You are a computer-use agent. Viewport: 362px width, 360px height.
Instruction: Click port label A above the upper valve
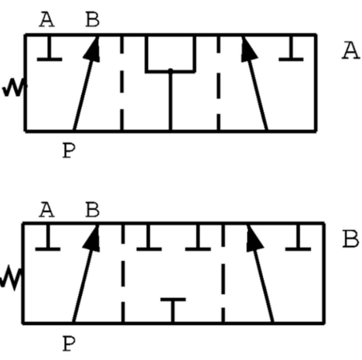point(46,20)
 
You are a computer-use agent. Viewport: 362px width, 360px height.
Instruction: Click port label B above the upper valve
point(92,20)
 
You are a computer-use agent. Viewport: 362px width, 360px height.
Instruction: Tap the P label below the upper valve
point(69,150)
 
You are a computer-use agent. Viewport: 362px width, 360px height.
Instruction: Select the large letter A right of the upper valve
point(350,51)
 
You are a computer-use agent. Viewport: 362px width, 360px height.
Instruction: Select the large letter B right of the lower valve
point(350,239)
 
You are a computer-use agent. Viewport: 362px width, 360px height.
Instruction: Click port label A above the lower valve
point(46,210)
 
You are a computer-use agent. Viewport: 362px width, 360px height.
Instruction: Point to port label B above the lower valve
point(92,210)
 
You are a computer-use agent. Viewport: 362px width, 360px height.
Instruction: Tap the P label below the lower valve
point(69,344)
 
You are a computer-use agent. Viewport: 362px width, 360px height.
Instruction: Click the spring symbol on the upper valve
point(15,87)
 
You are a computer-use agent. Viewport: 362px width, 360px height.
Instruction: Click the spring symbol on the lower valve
point(11,278)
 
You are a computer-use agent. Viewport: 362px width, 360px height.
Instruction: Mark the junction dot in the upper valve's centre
point(170,70)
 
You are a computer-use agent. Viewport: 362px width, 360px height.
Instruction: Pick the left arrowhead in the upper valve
point(92,49)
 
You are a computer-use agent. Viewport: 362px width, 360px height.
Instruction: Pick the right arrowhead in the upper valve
point(248,49)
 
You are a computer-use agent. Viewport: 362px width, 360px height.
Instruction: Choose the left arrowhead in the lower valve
point(92,238)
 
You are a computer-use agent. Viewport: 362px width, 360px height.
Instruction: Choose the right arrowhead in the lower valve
point(254,238)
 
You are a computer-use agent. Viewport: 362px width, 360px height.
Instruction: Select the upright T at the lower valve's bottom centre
point(173,310)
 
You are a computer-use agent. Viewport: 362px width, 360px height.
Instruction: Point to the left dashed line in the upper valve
point(121,83)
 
